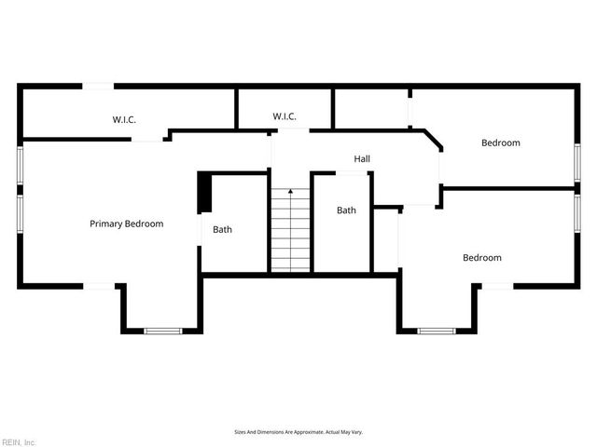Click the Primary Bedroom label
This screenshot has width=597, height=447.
tap(126, 223)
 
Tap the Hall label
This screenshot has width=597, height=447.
tap(362, 159)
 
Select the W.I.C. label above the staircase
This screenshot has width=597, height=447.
tap(285, 116)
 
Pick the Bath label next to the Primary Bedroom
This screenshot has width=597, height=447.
tap(222, 229)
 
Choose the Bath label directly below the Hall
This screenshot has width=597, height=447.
tap(346, 210)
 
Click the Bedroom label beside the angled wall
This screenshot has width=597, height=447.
tap(500, 142)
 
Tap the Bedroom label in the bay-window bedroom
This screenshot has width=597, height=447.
tap(482, 258)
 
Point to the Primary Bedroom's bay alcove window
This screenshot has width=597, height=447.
tap(161, 330)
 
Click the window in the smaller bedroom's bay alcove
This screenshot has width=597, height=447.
tap(436, 330)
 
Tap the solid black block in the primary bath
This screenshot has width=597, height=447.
tap(204, 193)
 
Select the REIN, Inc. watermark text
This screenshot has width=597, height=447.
tap(19, 441)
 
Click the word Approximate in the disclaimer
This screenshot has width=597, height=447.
tap(307, 432)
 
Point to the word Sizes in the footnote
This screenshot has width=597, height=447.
tap(240, 432)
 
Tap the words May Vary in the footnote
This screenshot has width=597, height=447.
tap(351, 432)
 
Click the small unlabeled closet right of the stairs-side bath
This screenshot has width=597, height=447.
tap(385, 239)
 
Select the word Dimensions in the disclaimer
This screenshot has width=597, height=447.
tap(272, 432)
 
